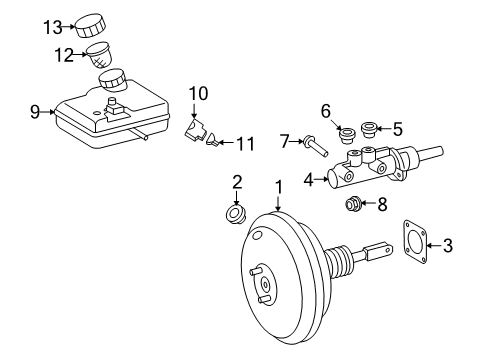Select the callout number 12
click(64, 55)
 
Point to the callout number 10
click(197, 94)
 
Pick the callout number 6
click(325, 110)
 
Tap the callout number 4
click(309, 181)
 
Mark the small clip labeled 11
click(212, 143)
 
